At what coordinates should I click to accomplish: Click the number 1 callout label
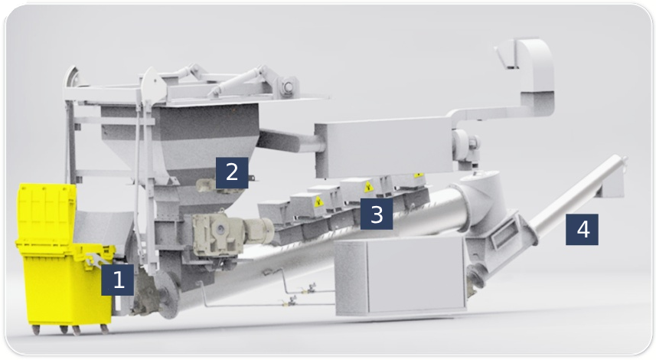pos(118,280)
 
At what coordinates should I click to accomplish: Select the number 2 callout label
pos(232,172)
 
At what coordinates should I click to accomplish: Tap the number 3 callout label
pos(377,214)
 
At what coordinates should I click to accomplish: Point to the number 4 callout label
pos(582,229)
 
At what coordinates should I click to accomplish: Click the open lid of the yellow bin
pos(47,213)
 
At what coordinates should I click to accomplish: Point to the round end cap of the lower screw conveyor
pos(166,294)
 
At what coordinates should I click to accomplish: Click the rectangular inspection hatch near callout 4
pos(504,234)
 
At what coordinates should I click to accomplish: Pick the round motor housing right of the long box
pos(465,146)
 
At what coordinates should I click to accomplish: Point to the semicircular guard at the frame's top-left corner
pos(72,78)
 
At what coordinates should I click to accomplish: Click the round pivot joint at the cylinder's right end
pos(288,87)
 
